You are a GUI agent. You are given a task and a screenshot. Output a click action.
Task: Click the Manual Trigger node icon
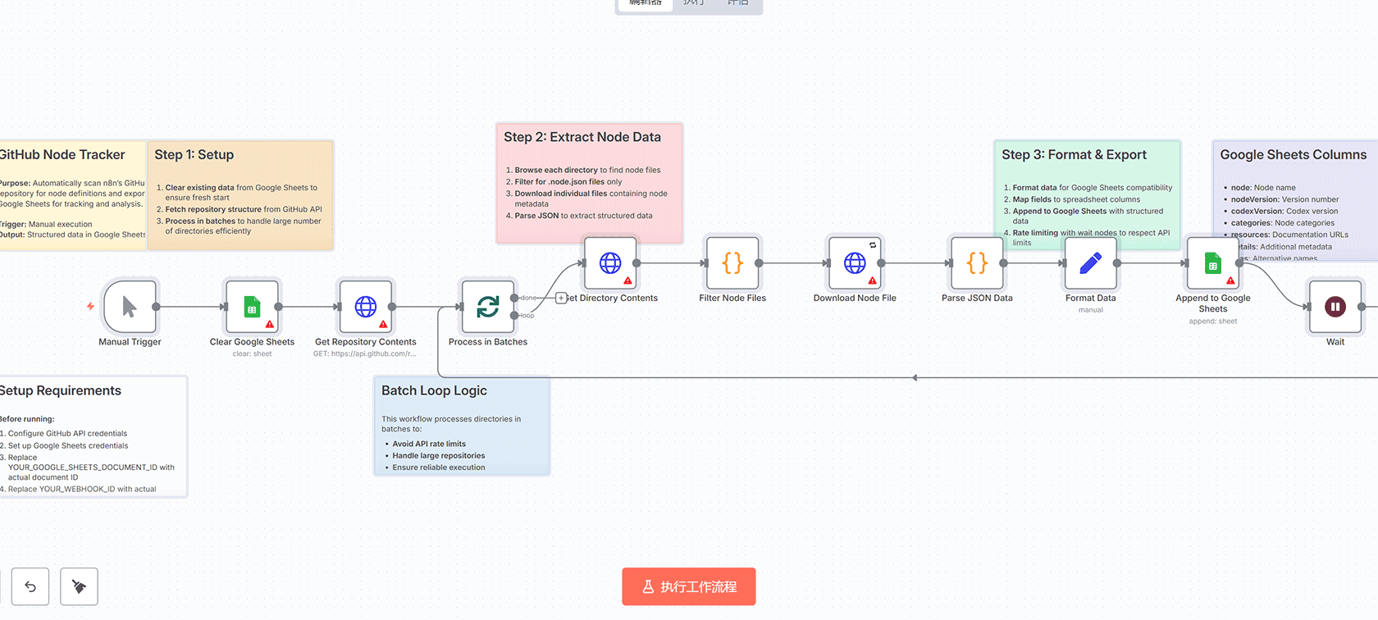[x=130, y=307]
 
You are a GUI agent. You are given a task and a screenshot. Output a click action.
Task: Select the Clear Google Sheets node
[x=252, y=307]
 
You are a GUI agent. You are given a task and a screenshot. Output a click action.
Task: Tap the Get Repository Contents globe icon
[x=365, y=307]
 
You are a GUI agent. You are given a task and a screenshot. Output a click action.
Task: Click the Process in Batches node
[x=488, y=307]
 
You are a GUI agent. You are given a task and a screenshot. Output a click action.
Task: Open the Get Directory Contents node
[x=609, y=263]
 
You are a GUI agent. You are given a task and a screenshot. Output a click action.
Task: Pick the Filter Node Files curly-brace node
[x=732, y=263]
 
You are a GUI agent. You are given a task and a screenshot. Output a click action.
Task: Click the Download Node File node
[x=855, y=263]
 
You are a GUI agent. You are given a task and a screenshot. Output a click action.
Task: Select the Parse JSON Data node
[x=977, y=263]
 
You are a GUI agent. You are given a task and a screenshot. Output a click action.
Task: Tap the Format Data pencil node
[x=1090, y=263]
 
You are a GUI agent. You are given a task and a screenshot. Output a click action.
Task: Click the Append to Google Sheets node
[x=1212, y=263]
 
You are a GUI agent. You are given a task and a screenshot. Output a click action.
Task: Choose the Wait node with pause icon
[x=1335, y=307]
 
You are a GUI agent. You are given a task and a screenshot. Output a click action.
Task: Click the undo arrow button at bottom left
[x=30, y=586]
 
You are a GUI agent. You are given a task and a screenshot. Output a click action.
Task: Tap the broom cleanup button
[x=79, y=586]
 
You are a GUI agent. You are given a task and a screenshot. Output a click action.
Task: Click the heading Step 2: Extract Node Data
[x=582, y=137]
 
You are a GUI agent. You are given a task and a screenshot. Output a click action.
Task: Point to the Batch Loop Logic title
[x=434, y=390]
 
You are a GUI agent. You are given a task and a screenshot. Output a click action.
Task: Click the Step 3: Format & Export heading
[x=1074, y=154]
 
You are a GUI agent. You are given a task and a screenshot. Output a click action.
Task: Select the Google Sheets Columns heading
[x=1293, y=154]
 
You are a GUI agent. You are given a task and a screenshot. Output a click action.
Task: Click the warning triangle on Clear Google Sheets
[x=270, y=324]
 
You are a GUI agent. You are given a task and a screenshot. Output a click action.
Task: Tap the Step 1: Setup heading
[x=194, y=154]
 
